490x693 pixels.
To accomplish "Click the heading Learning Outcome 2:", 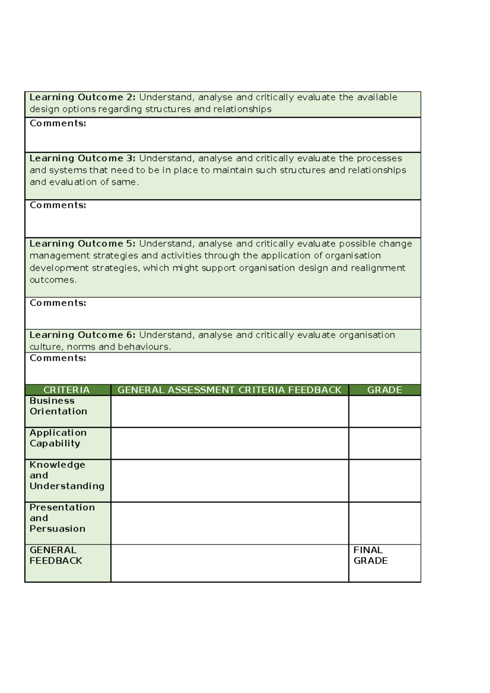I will click(82, 97).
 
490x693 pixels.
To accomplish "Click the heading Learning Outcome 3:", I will click(82, 158).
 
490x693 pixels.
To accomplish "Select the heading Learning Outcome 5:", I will click(82, 244).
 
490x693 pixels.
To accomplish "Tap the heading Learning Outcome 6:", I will click(82, 335).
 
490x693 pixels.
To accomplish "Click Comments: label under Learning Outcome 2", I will click(58, 123).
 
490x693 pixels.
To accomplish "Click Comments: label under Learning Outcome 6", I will click(58, 358).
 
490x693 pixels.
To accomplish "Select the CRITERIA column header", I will click(67, 390).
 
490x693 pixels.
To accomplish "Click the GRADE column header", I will click(384, 390).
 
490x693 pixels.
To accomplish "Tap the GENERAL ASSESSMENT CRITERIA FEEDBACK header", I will click(229, 390).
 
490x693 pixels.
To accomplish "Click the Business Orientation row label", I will click(58, 406).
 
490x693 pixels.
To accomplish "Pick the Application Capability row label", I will click(58, 438).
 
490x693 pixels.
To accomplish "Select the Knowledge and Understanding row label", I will click(67, 475).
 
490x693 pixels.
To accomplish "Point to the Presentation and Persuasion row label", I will click(62, 518).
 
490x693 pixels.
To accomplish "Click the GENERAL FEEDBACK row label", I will click(56, 555).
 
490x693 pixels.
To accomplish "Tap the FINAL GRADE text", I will click(370, 555).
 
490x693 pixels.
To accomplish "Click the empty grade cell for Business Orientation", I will click(384, 411).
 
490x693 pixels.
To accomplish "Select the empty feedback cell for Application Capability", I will click(229, 443).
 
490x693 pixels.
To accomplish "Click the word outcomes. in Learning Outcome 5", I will click(53, 280).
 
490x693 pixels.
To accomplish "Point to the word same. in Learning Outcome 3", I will click(125, 182).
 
